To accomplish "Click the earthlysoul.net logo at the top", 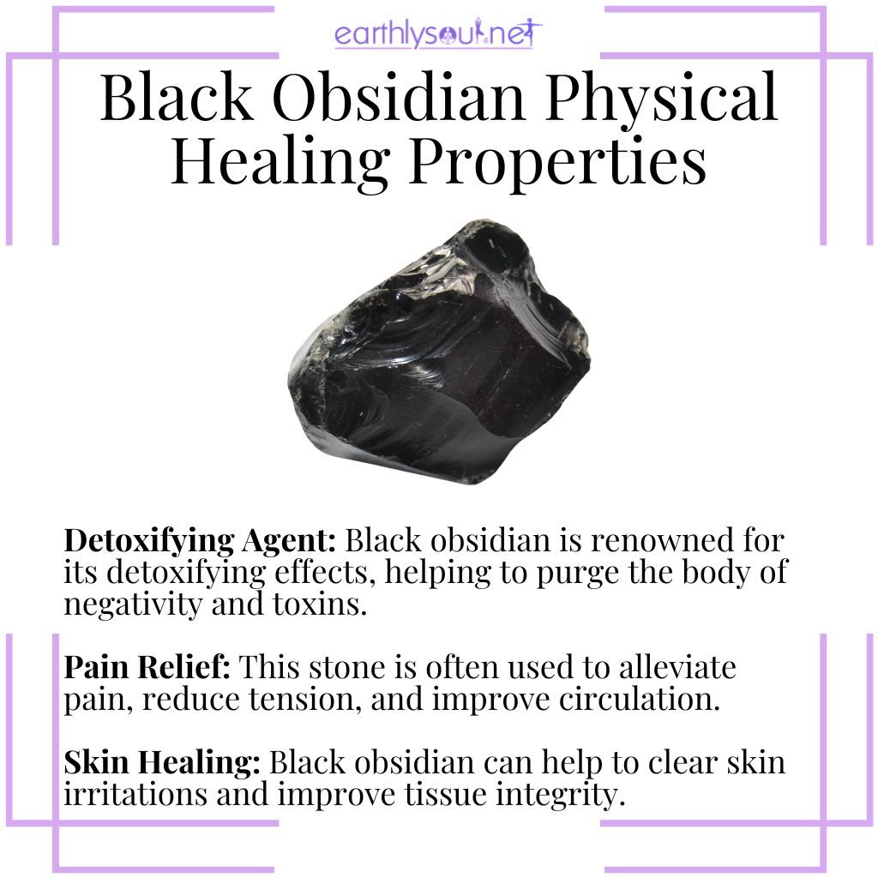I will pos(438,35).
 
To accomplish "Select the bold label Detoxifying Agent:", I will pos(202,544).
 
